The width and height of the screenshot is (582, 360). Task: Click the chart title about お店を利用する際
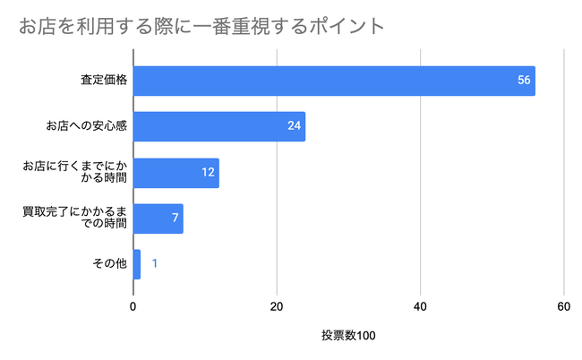201,25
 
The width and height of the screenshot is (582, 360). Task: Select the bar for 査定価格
333,81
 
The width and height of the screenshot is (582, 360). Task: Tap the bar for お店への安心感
218,126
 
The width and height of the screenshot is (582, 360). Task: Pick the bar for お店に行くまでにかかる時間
175,172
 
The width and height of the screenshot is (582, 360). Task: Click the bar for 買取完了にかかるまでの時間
158,218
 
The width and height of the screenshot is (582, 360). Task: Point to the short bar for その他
136,263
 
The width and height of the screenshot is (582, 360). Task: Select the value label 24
295,126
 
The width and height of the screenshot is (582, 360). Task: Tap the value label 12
209,172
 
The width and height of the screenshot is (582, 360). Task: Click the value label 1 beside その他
155,263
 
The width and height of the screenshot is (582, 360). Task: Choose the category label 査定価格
103,81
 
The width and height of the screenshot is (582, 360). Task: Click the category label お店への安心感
87,126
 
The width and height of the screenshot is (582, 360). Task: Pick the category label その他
109,263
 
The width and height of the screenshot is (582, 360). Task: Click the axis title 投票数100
348,336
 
